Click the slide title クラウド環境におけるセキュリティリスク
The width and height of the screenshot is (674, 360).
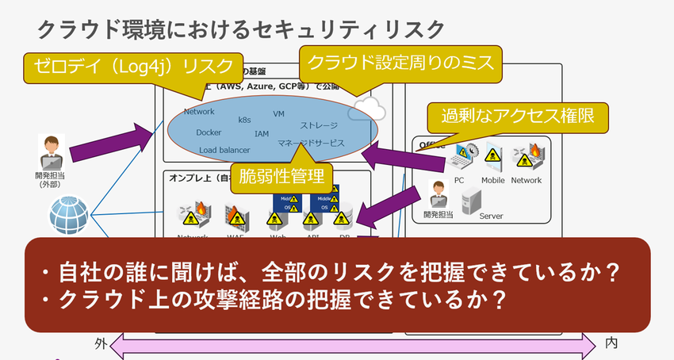(242, 30)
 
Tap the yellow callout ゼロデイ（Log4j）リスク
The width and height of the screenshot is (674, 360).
(132, 65)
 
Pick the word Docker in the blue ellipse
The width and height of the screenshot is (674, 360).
(209, 132)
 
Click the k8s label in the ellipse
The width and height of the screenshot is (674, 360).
(244, 121)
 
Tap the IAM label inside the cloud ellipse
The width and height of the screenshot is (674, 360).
(262, 134)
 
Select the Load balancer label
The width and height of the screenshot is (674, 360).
(224, 150)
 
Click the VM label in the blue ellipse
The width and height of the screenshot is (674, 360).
(278, 114)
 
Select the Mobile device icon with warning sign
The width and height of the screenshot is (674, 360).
(492, 159)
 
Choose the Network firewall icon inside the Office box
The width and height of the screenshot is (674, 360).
(527, 158)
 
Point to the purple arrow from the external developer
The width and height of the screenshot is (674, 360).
(111, 140)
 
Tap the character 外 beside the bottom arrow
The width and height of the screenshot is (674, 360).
(100, 343)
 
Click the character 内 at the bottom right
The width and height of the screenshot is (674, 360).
(611, 343)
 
